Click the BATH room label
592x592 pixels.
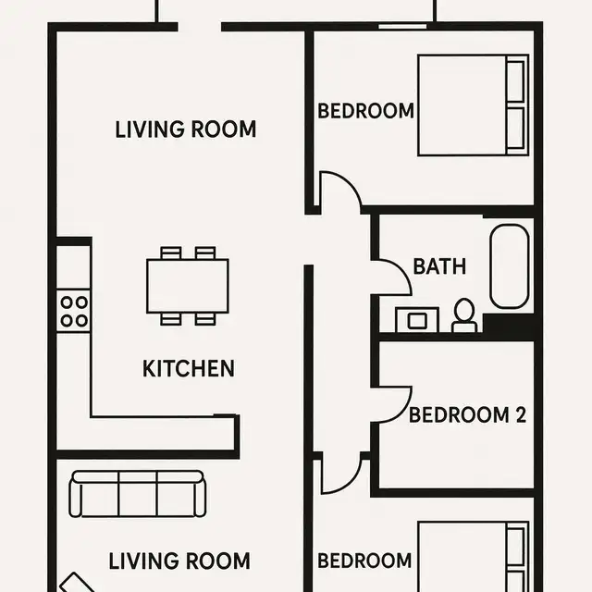click(x=439, y=267)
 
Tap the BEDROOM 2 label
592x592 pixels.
click(x=461, y=414)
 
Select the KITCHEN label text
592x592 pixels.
click(x=189, y=369)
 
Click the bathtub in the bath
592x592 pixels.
click(x=510, y=266)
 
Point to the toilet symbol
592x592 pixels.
click(x=464, y=316)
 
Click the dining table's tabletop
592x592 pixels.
click(x=188, y=286)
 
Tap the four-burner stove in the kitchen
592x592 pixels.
click(x=74, y=311)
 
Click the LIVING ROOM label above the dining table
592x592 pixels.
click(x=186, y=129)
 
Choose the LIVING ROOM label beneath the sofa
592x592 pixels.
click(x=179, y=561)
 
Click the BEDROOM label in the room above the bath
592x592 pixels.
click(x=365, y=112)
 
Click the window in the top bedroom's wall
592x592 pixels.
click(x=402, y=26)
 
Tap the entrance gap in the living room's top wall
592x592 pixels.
click(x=198, y=26)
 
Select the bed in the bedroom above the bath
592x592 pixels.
click(x=472, y=105)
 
